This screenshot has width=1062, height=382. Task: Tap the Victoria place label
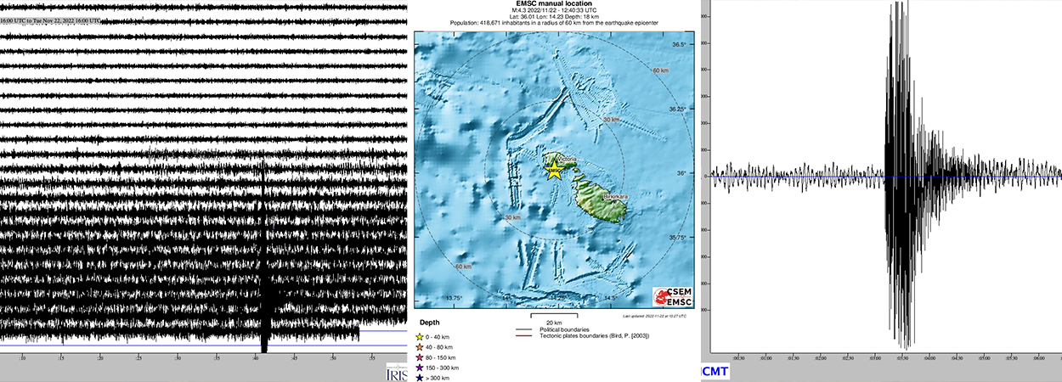pyautogui.click(x=567, y=160)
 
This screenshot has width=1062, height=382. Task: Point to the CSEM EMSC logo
pyautogui.click(x=672, y=297)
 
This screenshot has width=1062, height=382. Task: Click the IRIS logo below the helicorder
pyautogui.click(x=396, y=374)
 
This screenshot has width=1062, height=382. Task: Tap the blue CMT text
pyautogui.click(x=716, y=372)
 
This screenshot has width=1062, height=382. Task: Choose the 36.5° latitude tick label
pyautogui.click(x=678, y=44)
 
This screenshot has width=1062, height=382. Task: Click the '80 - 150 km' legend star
pyautogui.click(x=419, y=357)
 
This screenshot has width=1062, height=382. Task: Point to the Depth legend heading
pyautogui.click(x=429, y=323)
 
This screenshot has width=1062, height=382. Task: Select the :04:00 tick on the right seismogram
pyautogui.click(x=929, y=357)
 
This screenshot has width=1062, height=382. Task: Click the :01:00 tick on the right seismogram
pyautogui.click(x=766, y=357)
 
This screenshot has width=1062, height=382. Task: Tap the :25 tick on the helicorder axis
pyautogui.click(x=140, y=358)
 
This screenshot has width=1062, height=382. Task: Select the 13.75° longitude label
pyautogui.click(x=455, y=298)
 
